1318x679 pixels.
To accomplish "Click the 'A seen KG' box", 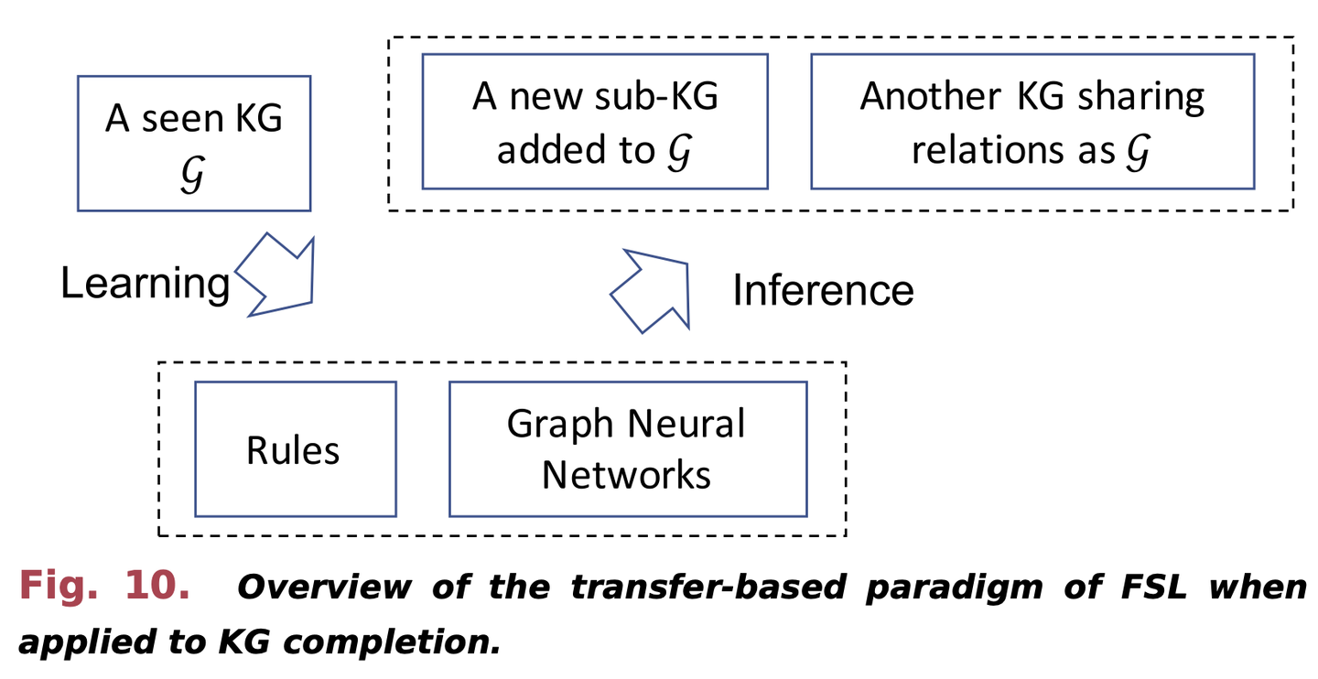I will tap(193, 143).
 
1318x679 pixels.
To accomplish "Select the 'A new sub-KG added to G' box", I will tap(594, 121).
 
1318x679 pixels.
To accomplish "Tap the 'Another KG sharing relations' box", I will tap(1032, 121).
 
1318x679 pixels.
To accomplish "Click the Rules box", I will tap(295, 449).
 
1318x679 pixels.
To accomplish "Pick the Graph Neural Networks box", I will tap(627, 449).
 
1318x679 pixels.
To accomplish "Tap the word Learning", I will tap(145, 283).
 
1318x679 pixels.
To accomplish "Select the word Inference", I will tap(823, 290).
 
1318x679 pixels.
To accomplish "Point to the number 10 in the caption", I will tap(157, 586).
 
